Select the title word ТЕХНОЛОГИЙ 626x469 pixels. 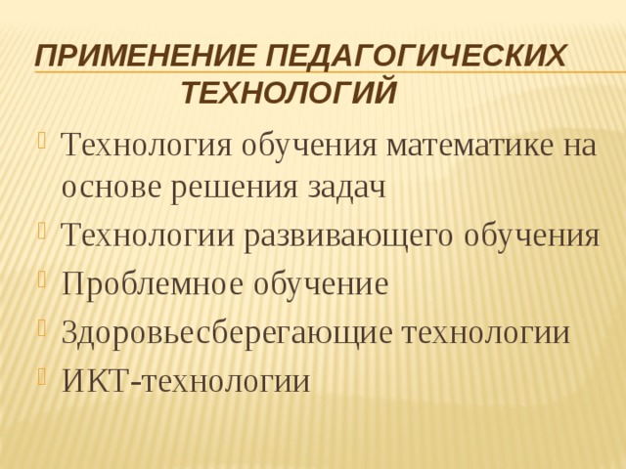pos(290,94)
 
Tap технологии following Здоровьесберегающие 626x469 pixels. pos(486,332)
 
